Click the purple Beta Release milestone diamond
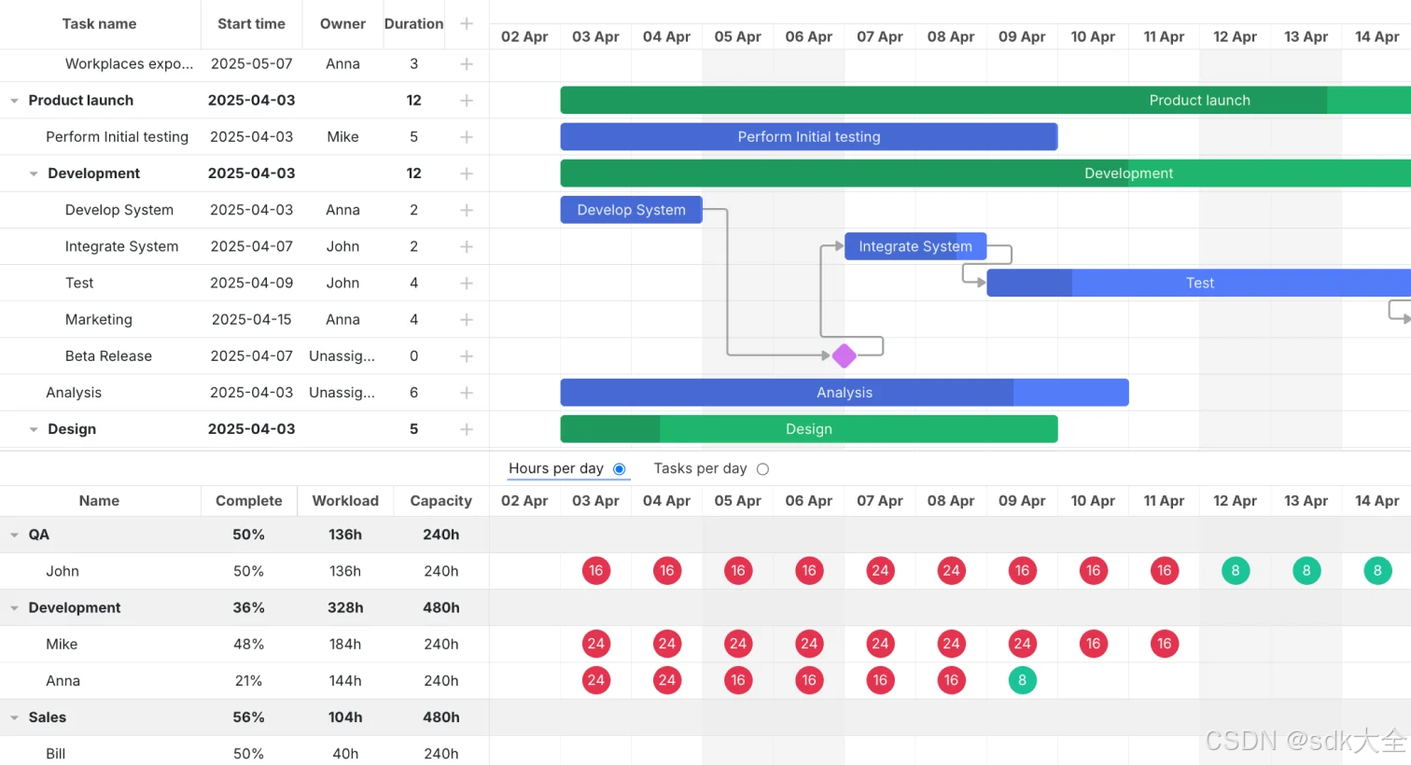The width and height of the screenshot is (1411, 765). coord(844,355)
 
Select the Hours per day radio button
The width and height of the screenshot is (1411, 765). coord(619,469)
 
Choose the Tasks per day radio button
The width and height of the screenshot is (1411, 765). coord(762,469)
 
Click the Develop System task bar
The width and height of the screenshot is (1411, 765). coord(631,210)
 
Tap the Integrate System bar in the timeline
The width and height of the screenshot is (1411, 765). coord(915,246)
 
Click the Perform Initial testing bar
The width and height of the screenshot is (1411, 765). coord(808,137)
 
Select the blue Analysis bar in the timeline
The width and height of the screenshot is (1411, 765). coord(844,393)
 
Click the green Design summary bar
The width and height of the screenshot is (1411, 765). coord(808,429)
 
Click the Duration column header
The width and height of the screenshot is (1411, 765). coord(413,24)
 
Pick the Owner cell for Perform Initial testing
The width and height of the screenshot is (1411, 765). coord(342,137)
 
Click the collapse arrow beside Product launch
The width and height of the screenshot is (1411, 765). coord(14,101)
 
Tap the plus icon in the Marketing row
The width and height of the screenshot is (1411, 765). coord(467,320)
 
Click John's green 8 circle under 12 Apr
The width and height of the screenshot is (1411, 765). coord(1235,571)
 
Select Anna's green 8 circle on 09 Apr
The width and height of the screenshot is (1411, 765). coord(1022,680)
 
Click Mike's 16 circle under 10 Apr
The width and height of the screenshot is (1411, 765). coord(1093,644)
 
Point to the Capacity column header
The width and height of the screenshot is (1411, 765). coord(440,501)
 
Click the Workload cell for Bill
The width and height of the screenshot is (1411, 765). coord(345,754)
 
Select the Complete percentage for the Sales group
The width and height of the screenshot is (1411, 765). coord(248,717)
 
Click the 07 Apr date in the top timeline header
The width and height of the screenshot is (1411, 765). coord(879,36)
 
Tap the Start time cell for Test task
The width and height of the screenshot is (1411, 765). coord(251,283)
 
